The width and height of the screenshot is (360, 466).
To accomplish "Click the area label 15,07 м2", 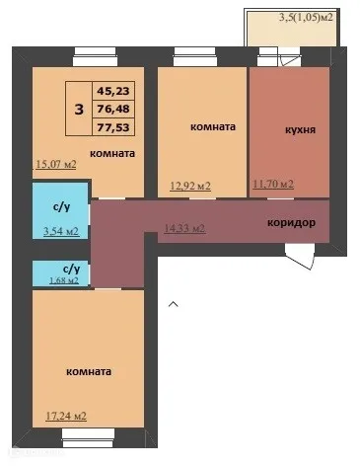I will pos(56,164).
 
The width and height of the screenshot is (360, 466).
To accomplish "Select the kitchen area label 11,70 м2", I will pos(274,184).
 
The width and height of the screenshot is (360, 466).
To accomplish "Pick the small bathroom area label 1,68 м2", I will pos(58,280).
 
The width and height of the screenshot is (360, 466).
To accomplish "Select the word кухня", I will pos(299,128).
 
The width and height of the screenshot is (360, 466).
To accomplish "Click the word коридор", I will pos(292,223).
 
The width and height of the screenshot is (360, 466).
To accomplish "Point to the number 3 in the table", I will pos(78,108).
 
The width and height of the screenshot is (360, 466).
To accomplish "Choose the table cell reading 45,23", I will pos(113,90).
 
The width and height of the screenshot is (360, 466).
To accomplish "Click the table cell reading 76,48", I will pos(113,109).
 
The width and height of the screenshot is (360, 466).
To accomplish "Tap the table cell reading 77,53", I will pos(113,126).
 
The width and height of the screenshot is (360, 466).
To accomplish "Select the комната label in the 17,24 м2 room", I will pos(87,371).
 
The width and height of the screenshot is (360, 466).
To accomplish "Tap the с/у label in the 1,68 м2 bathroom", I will pos(71,268).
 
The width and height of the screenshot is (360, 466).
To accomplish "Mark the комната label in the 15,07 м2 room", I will pos(111,154).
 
